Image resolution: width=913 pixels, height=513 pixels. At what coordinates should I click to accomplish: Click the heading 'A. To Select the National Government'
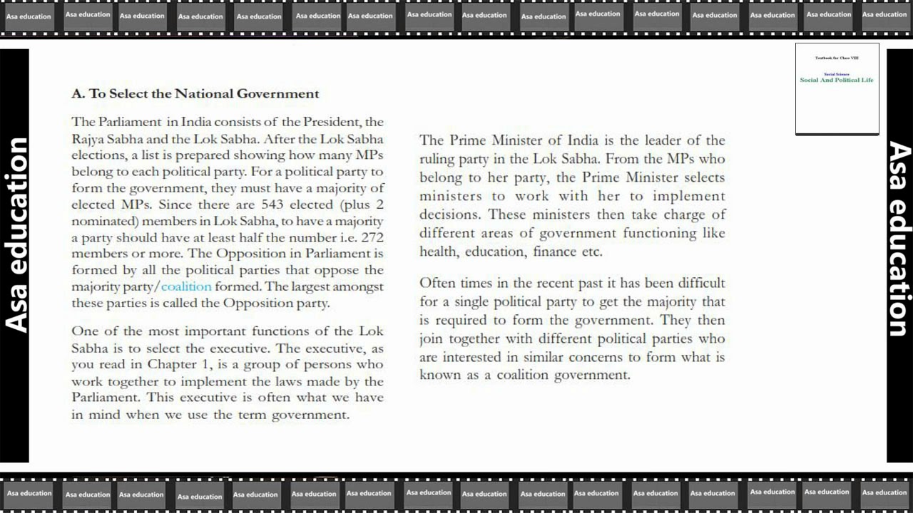click(195, 93)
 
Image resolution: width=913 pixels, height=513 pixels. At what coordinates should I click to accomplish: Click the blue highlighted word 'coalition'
click(186, 286)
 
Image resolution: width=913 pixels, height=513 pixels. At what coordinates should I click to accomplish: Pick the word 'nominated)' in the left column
click(100, 221)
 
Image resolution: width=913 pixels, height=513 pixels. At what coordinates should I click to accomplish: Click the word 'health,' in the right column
click(439, 252)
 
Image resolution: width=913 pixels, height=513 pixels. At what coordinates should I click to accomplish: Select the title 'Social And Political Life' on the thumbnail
click(837, 80)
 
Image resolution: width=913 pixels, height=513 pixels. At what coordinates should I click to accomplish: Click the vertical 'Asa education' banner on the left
click(15, 235)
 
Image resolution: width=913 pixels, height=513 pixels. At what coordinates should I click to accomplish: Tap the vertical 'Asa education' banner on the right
click(899, 239)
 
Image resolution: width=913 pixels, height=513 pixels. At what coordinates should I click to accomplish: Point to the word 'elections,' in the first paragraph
click(97, 155)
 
